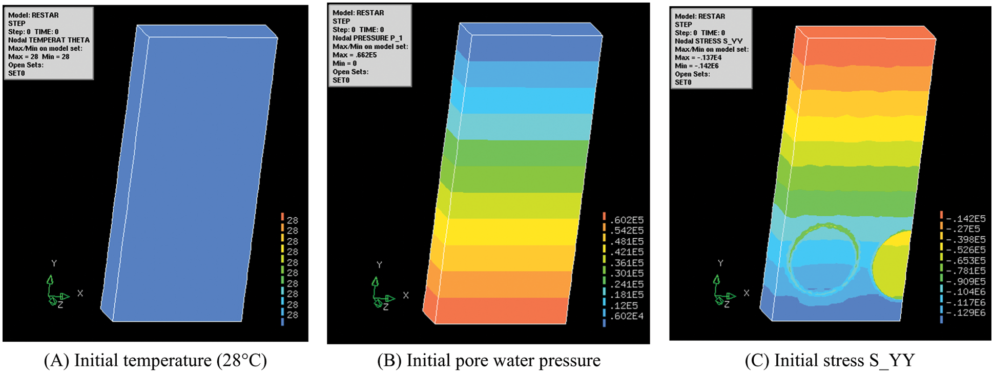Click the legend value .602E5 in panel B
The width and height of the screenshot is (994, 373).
(x=627, y=220)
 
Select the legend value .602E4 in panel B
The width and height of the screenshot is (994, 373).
(x=627, y=316)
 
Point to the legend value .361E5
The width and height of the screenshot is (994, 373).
(x=627, y=263)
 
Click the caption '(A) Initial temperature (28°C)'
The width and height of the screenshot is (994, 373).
(x=155, y=360)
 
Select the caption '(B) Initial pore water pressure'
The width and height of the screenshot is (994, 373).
(x=489, y=360)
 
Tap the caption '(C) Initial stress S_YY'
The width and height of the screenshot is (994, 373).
(x=830, y=360)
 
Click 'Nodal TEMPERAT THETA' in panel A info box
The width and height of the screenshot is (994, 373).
(x=49, y=40)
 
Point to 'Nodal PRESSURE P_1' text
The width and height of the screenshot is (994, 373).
(x=367, y=38)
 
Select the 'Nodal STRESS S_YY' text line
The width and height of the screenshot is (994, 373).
(x=708, y=41)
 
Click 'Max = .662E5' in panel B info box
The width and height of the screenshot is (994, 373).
(x=355, y=55)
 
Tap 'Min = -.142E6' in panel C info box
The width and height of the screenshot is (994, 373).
(x=696, y=66)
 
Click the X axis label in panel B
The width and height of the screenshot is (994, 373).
(x=406, y=295)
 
